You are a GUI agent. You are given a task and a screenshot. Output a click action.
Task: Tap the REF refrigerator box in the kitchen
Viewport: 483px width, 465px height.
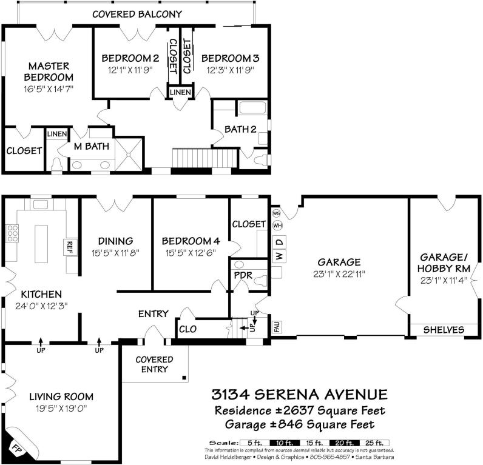[x=69, y=247]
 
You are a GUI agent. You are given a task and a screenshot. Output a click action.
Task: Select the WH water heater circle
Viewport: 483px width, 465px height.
[x=277, y=226]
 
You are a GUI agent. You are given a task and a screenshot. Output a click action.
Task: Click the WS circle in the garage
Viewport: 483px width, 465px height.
[x=276, y=213]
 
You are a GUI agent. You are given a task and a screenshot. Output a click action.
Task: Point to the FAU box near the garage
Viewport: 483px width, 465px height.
[x=276, y=327]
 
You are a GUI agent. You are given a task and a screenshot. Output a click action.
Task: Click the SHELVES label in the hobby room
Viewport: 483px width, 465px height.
[x=444, y=330]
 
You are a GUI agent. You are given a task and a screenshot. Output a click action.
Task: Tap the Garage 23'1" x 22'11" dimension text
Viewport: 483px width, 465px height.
[x=339, y=274]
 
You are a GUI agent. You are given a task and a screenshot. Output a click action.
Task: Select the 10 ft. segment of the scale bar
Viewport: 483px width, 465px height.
[x=285, y=443]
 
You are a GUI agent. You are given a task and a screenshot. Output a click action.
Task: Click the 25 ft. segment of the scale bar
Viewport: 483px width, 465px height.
[x=374, y=443]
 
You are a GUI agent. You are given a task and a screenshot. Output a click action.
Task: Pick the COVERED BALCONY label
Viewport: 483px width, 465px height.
[x=137, y=14]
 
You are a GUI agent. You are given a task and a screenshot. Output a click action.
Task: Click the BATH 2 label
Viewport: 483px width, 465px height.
[x=240, y=129]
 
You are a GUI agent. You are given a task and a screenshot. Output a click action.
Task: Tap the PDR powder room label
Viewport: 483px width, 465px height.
[x=243, y=275]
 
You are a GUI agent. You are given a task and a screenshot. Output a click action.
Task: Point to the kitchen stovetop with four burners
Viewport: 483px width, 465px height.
[x=12, y=233]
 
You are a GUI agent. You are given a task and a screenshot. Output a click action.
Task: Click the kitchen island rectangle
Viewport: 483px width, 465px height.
[x=41, y=244]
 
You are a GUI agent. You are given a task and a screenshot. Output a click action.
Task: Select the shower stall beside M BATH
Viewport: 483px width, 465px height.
[x=129, y=154]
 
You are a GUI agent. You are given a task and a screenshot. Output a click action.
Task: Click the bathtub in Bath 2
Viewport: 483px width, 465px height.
[x=252, y=108]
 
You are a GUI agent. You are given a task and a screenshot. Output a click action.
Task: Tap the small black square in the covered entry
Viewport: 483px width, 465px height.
[x=184, y=377]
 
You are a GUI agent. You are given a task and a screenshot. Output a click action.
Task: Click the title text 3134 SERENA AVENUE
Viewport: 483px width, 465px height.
[x=299, y=395]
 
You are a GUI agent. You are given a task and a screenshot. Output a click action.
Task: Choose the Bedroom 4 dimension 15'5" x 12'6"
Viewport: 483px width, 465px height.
[x=191, y=253]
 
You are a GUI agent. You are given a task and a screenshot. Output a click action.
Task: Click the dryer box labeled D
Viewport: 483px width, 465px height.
[x=279, y=242]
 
